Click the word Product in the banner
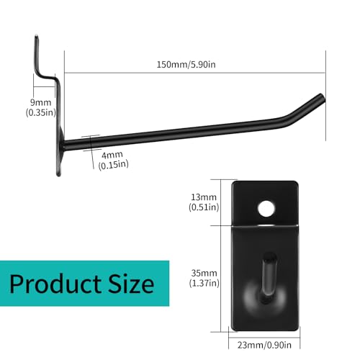[x=64, y=283]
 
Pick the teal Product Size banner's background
[x=162, y=270]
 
